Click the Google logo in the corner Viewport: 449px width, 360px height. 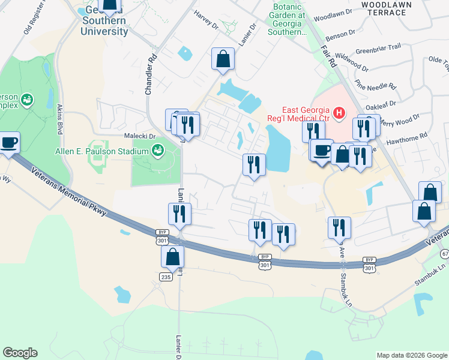20,353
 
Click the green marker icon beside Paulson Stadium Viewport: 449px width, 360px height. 158,149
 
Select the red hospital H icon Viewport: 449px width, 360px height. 339,112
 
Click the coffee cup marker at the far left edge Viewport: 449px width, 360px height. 8,143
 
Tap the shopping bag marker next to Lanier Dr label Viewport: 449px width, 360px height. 223,59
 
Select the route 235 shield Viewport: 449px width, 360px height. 166,277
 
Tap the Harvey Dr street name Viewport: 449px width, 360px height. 206,20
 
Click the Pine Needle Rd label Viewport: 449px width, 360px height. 375,77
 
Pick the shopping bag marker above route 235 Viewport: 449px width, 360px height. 172,256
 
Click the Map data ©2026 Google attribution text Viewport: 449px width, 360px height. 411,355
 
